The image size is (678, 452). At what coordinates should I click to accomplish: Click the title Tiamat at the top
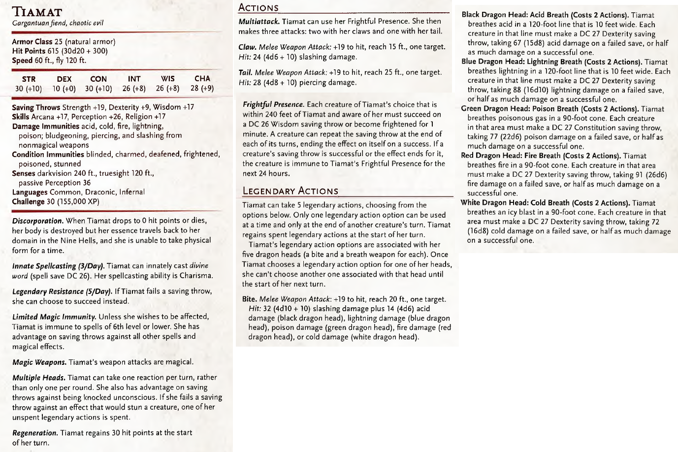[x=37, y=11]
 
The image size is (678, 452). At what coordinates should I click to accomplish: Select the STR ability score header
[x=29, y=79]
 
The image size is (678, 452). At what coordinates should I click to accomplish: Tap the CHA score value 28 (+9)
[x=202, y=89]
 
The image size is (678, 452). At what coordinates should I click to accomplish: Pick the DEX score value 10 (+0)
[x=64, y=89]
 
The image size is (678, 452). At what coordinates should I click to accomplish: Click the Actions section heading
[x=258, y=7]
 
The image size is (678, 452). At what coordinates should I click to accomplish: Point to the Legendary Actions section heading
[x=291, y=191]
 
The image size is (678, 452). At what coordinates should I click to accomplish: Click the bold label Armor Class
[x=32, y=42]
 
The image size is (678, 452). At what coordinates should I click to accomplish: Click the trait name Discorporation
[x=37, y=221]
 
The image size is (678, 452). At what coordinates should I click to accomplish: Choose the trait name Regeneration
[x=35, y=433]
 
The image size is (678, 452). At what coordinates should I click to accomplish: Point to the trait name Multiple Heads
[x=39, y=378]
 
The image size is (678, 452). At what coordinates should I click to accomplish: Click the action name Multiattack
[x=259, y=21]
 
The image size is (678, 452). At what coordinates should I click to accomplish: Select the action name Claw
[x=247, y=47]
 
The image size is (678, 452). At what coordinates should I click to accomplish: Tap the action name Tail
[x=246, y=72]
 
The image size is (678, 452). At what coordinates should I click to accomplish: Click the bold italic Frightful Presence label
[x=273, y=104]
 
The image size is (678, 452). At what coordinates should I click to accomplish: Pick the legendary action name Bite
[x=249, y=299]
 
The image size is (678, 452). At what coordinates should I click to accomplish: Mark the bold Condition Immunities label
[x=48, y=154]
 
